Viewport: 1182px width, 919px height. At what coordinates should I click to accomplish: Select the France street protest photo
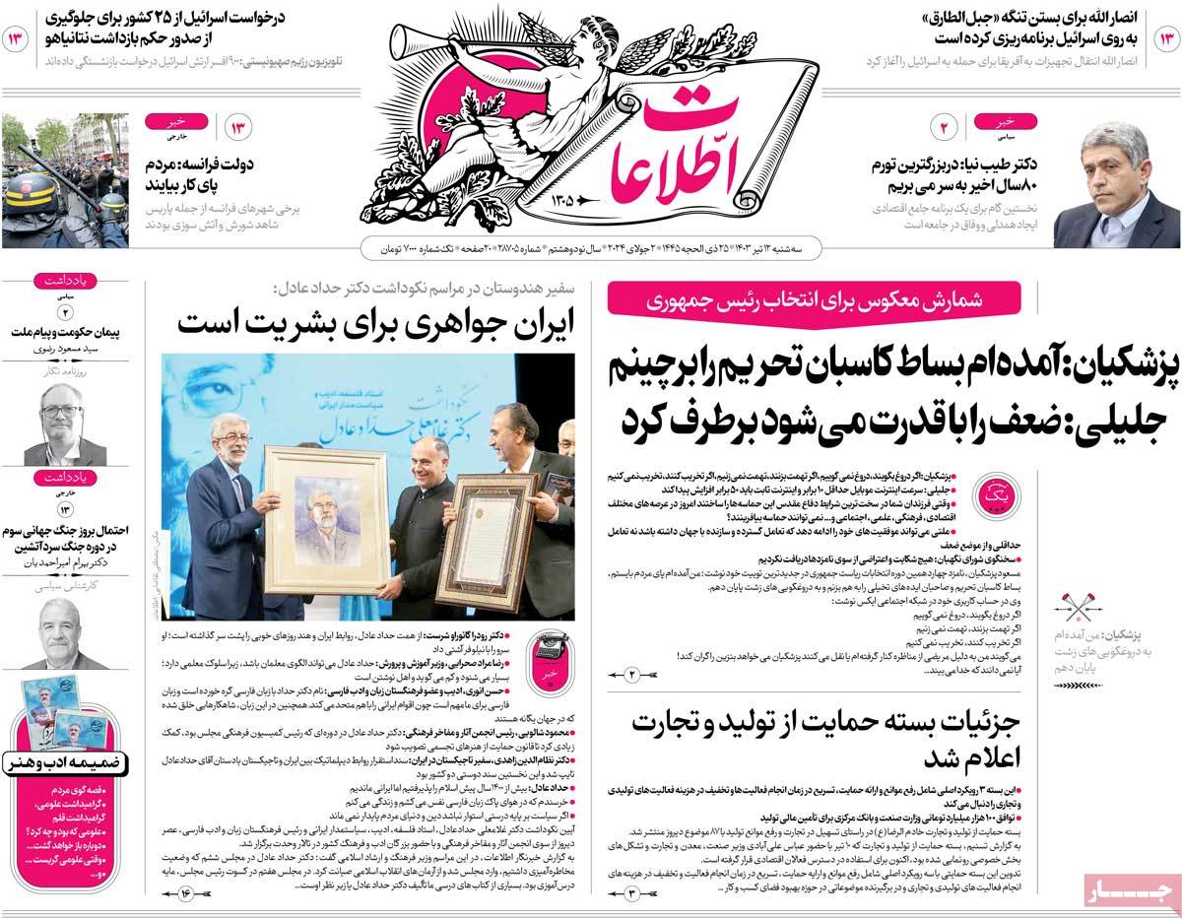pyautogui.click(x=63, y=181)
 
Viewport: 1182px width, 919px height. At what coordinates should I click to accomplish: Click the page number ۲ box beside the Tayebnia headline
pyautogui.click(x=942, y=128)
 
